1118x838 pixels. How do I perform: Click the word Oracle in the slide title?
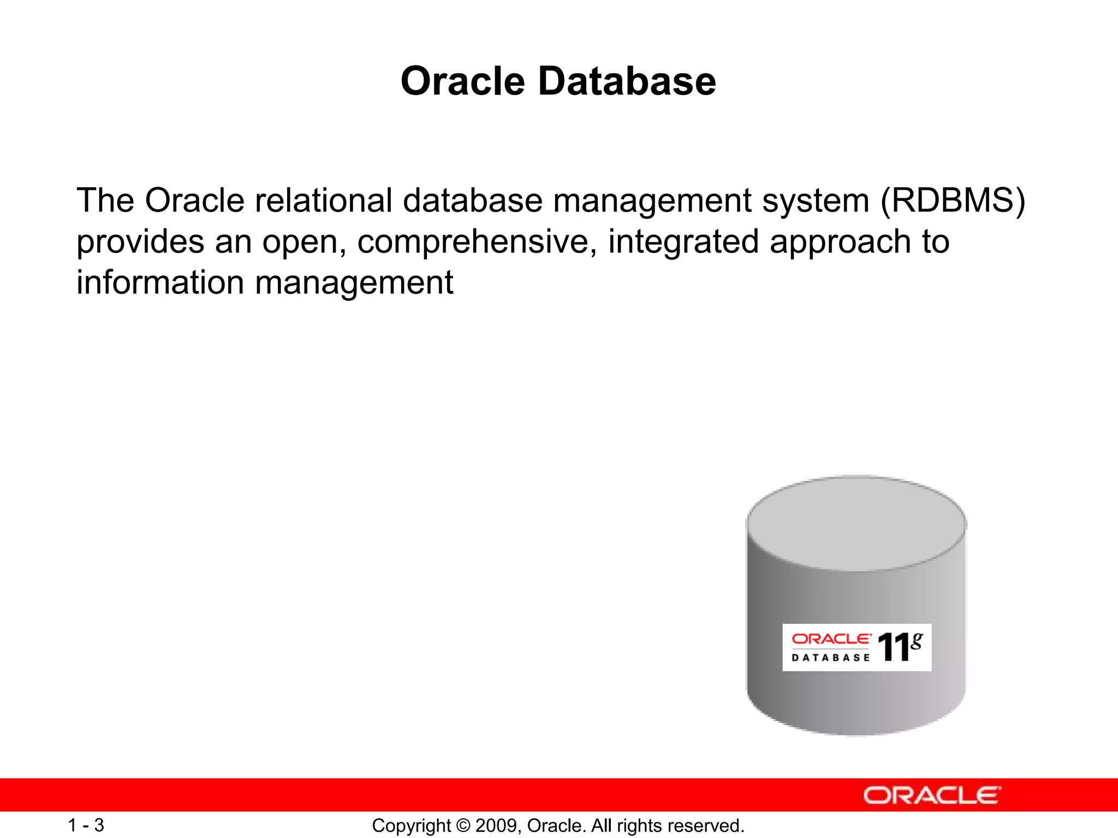coord(463,81)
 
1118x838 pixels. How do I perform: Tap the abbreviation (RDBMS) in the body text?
coord(953,200)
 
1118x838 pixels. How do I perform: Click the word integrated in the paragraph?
coord(683,242)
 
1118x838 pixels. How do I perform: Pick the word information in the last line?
coord(160,283)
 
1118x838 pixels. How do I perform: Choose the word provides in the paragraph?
coord(140,242)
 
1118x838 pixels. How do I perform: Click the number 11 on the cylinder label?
coord(893,648)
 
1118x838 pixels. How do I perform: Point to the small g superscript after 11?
coord(917,641)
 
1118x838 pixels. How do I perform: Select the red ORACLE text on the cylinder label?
coord(831,638)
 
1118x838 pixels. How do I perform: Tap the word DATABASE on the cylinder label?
coord(831,658)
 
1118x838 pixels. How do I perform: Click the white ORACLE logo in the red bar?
coord(932,795)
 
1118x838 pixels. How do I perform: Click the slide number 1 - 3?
coord(86,825)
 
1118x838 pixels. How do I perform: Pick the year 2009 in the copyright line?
coord(493,826)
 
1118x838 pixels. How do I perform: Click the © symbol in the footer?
coord(463,826)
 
